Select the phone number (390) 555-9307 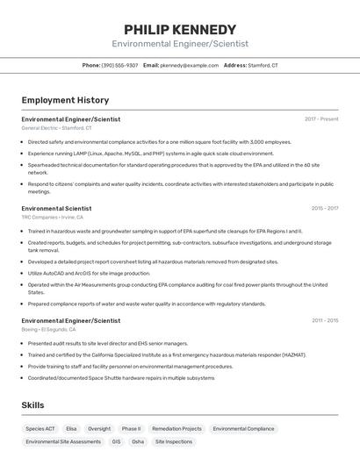point(119,65)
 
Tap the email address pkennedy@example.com point(190,65)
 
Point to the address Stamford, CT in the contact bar point(263,65)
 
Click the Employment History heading point(65,100)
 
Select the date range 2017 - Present point(321,118)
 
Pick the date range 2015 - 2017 point(324,208)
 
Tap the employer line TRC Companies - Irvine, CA point(52,217)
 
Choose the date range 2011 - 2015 point(324,320)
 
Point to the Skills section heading point(33,404)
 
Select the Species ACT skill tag point(40,429)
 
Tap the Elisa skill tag point(71,429)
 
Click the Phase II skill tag point(131,429)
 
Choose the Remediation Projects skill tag point(176,429)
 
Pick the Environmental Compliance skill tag point(243,429)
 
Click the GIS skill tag point(116,442)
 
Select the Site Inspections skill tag point(173,442)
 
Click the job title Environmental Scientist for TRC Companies point(56,208)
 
